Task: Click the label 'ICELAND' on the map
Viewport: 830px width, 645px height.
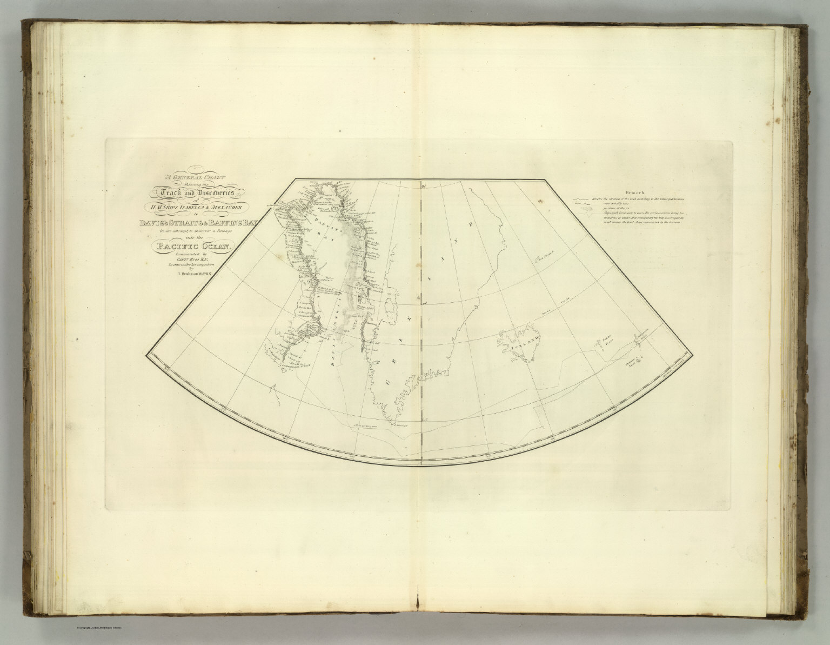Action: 521,342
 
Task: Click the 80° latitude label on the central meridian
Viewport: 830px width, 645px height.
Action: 425,187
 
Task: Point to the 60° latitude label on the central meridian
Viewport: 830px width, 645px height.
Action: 425,417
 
